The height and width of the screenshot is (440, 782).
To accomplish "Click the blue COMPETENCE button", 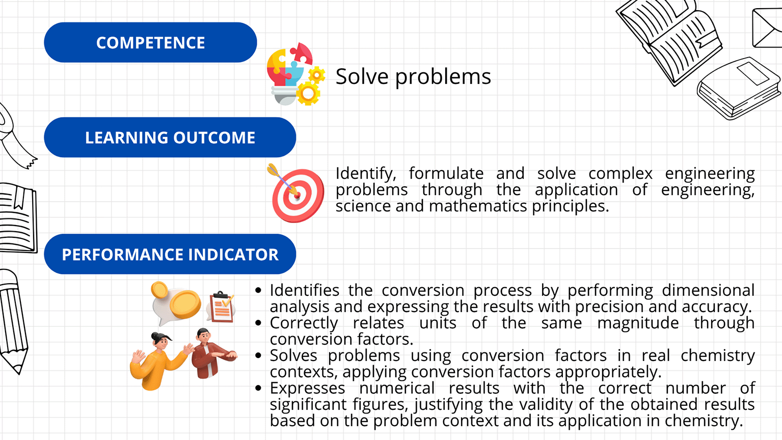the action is [150, 43].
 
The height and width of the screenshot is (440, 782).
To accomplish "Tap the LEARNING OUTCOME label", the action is [170, 137].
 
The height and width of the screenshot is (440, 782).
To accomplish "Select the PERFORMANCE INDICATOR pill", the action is [170, 254].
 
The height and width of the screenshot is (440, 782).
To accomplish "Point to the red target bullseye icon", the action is [296, 194].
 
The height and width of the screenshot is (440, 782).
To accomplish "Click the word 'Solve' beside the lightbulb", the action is [362, 76].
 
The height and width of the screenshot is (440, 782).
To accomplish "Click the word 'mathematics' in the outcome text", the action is [477, 206].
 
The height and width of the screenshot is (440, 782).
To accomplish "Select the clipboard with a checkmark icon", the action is [221, 307].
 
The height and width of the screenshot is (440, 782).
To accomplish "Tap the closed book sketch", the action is [738, 89].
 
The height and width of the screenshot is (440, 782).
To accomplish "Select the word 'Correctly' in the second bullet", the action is [304, 323].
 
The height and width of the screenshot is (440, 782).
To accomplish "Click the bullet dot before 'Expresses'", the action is [258, 388].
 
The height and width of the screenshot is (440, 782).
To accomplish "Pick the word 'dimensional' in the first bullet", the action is [708, 290].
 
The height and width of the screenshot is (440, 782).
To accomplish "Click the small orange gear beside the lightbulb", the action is [317, 74].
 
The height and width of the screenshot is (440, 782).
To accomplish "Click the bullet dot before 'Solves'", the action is [258, 355].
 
